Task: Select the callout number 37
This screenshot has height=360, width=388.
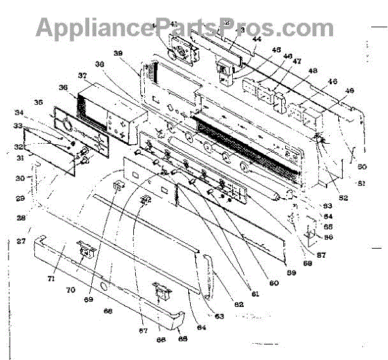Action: pyautogui.click(x=82, y=76)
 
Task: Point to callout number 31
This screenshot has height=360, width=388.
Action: pyautogui.click(x=20, y=156)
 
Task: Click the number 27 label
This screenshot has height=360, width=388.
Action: pyautogui.click(x=21, y=241)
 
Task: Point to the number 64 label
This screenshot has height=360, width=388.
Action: pyautogui.click(x=201, y=328)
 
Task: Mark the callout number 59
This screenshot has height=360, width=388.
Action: pyautogui.click(x=291, y=273)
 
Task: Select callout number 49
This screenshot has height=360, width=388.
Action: pyautogui.click(x=350, y=90)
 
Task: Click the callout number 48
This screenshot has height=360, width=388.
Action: pyautogui.click(x=313, y=71)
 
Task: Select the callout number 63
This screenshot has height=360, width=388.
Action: pyautogui.click(x=219, y=316)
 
